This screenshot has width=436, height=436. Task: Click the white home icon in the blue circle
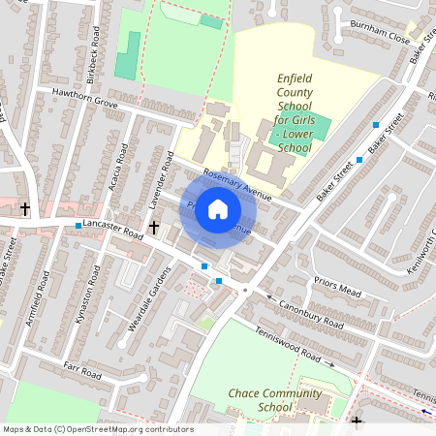(x=218, y=209)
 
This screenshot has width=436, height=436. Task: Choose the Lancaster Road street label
(x=112, y=226)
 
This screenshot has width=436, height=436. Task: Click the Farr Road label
(x=82, y=371)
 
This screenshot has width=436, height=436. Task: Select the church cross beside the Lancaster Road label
(x=154, y=227)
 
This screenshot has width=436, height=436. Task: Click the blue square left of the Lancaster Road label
(x=78, y=226)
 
